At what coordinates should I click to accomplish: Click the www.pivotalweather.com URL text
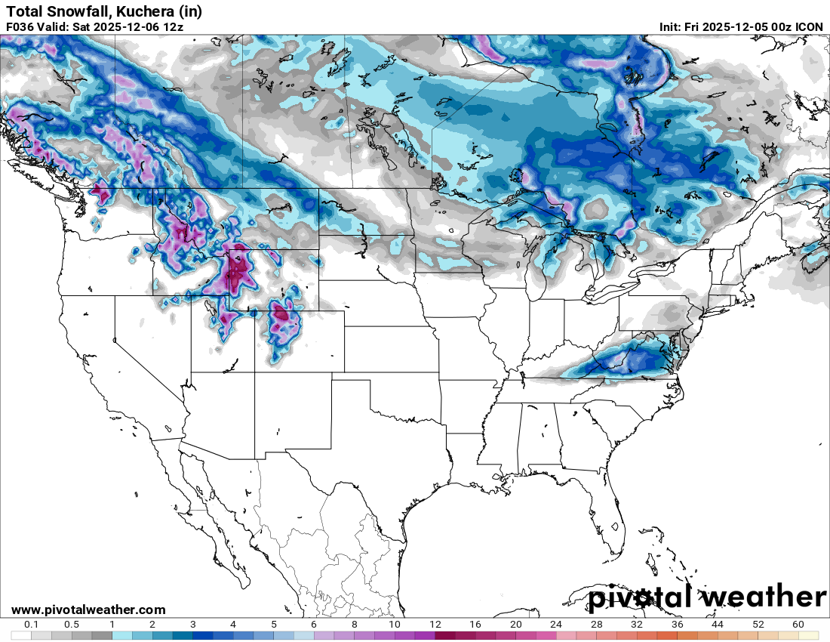point(88,610)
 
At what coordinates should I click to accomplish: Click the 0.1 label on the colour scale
point(32,625)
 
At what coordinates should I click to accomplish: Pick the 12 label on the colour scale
point(435,625)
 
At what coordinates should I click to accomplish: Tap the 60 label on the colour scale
point(798,625)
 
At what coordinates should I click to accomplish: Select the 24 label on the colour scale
point(556,625)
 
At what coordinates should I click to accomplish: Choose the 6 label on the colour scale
point(314,625)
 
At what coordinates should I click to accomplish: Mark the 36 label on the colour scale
point(678,625)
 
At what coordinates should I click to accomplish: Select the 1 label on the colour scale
point(112,625)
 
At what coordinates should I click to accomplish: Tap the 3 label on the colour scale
point(193,625)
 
